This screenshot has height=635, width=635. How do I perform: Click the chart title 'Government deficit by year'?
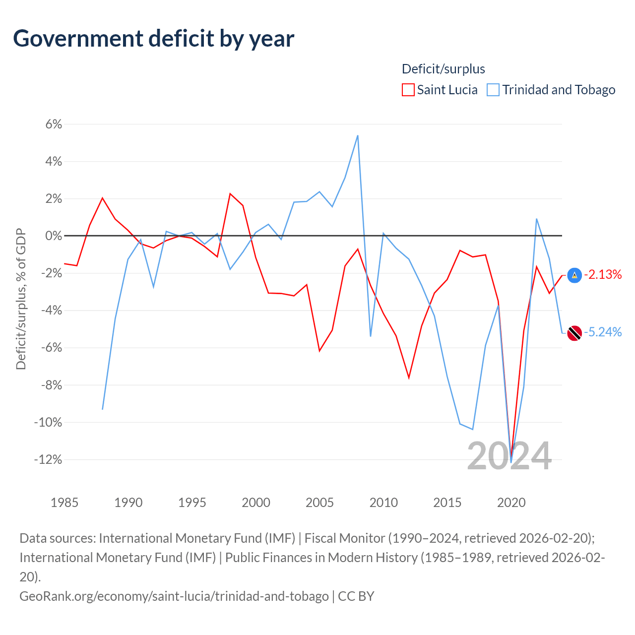pos(154,39)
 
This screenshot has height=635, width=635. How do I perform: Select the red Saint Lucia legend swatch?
pos(408,90)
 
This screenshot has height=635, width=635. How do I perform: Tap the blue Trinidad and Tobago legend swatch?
pos(493,90)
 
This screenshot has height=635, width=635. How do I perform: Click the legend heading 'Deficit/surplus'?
pos(443,69)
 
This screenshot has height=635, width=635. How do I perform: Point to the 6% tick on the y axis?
pos(54,124)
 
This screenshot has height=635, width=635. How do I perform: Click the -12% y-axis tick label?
pos(48,459)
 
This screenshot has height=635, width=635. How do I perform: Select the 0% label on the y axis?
pos(54,236)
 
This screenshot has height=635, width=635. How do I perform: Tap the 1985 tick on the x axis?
pos(64,503)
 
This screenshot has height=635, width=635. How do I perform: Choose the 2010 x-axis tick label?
pos(383,503)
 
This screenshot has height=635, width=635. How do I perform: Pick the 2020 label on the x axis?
pos(511,503)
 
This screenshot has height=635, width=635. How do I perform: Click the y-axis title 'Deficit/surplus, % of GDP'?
pos(21,299)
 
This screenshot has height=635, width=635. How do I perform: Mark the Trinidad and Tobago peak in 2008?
pos(358,135)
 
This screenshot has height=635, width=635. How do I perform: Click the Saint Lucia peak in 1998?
pos(230,193)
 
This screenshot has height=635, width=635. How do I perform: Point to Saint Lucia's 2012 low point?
pos(409,378)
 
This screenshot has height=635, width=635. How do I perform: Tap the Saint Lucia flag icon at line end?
pos(574,275)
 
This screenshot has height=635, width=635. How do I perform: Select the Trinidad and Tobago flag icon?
pos(574,333)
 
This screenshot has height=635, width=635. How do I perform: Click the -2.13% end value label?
pos(603,274)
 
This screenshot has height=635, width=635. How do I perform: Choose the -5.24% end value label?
pos(603,332)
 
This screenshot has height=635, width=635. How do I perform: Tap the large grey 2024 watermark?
pos(509,456)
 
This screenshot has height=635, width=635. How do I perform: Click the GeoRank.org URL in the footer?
pos(174,596)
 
